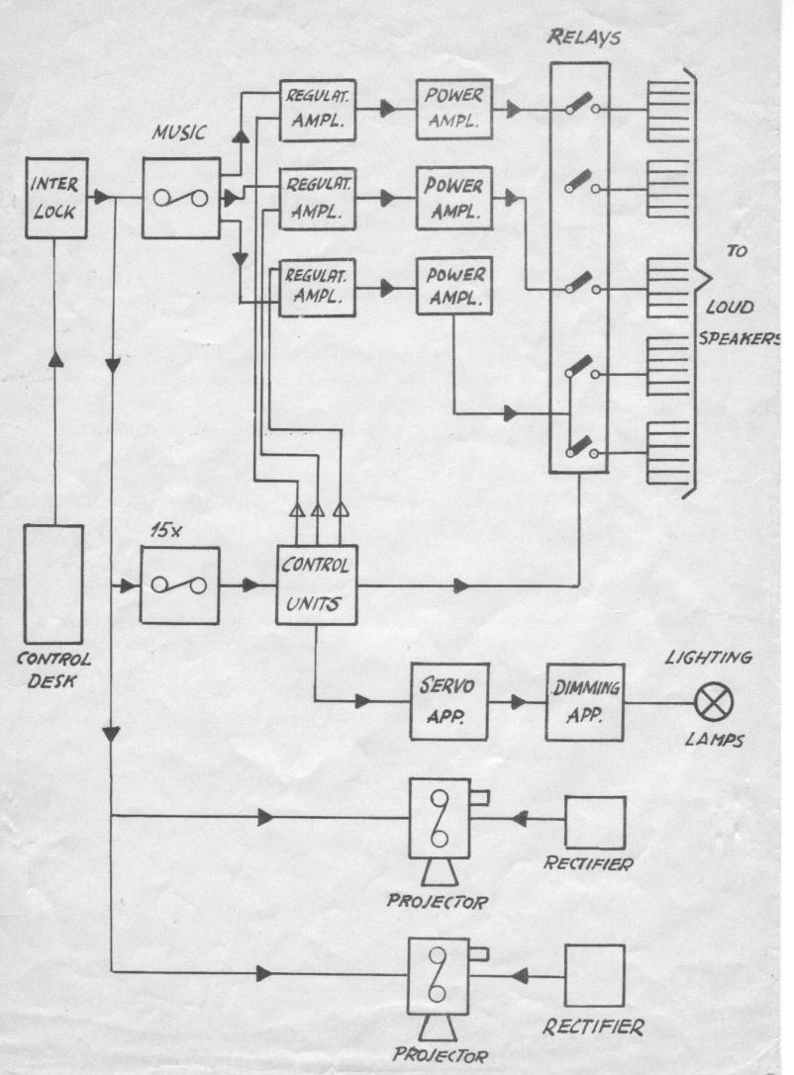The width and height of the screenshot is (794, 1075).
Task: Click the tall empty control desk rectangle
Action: coord(52,584)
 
